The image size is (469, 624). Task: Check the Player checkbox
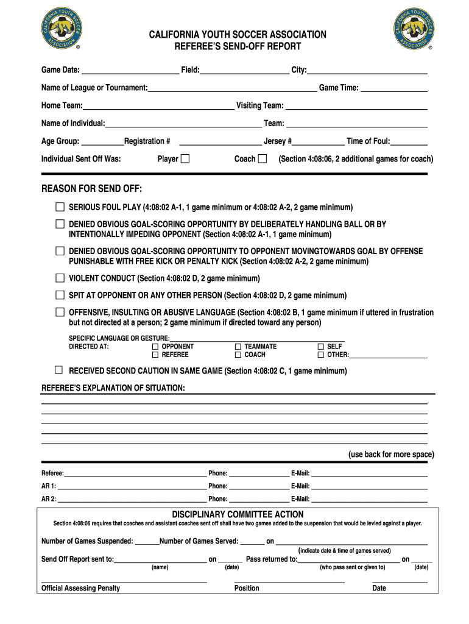185,158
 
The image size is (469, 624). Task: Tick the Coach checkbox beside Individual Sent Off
263,158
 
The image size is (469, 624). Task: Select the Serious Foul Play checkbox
60,207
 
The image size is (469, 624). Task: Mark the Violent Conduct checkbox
60,278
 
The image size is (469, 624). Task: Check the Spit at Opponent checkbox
60,295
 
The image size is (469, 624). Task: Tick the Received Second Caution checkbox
58,370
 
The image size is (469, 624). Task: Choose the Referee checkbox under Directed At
155,354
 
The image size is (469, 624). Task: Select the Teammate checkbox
238,346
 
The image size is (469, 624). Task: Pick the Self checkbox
321,346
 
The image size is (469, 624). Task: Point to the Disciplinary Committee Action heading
238,514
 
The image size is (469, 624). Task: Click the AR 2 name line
132,500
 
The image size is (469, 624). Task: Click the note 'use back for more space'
391,455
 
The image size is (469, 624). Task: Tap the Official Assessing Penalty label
80,588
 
